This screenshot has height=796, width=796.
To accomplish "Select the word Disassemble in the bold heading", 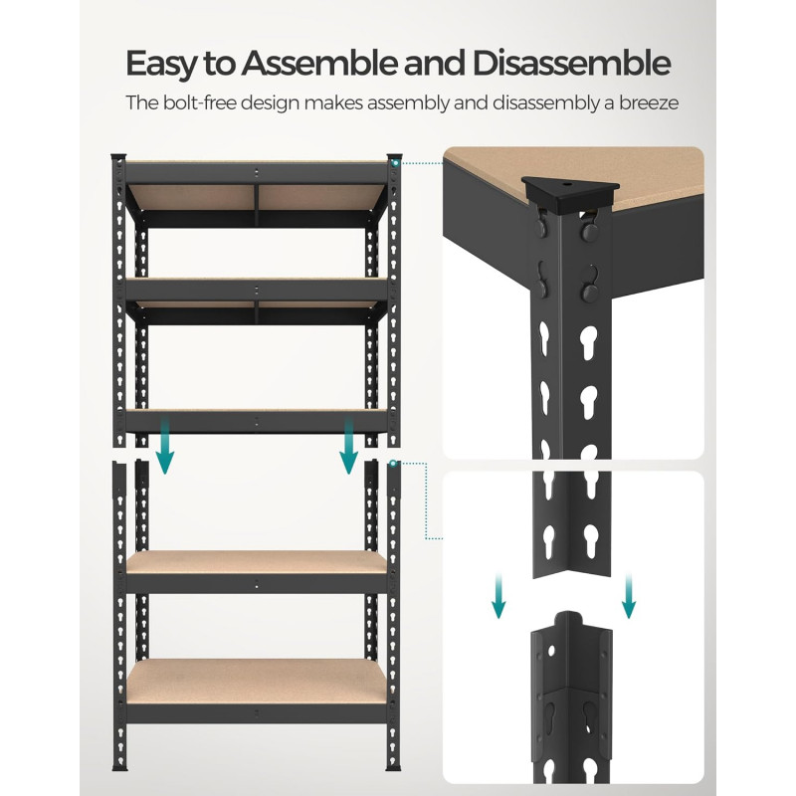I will pos(573,64).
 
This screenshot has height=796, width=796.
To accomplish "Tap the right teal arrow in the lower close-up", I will pos(627,595).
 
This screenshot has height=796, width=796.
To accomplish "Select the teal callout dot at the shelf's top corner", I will pos(396,161).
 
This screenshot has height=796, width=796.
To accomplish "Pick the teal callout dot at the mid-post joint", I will pos(395,463).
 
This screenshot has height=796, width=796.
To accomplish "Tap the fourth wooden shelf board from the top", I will pos(256,563).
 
